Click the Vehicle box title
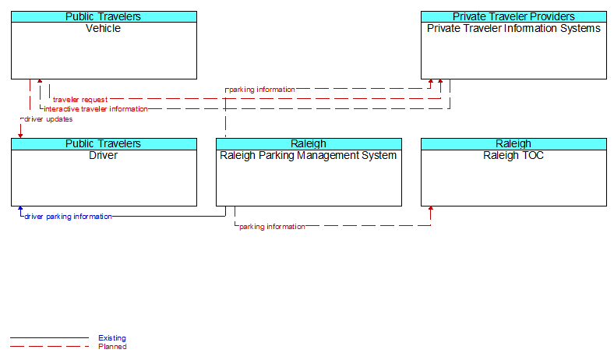point(103,28)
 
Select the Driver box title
point(103,155)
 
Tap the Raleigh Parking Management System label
point(309,156)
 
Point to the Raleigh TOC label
point(513,156)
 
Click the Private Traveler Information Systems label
point(513,28)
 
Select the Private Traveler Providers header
point(513,16)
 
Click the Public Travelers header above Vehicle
point(103,16)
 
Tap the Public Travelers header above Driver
point(103,143)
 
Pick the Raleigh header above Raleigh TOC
point(513,143)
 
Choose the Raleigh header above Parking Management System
point(309,143)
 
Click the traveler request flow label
point(80,100)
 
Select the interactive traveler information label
point(96,109)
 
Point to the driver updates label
point(48,119)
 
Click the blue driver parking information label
point(68,217)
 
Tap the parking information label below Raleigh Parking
point(272,227)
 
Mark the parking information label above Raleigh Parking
point(262,90)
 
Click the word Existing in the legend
point(112,337)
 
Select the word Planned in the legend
point(112,346)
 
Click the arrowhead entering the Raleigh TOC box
point(431,208)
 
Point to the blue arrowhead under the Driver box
point(20,208)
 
